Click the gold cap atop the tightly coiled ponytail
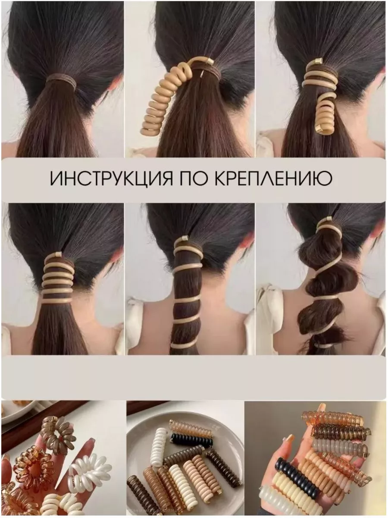57,255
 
